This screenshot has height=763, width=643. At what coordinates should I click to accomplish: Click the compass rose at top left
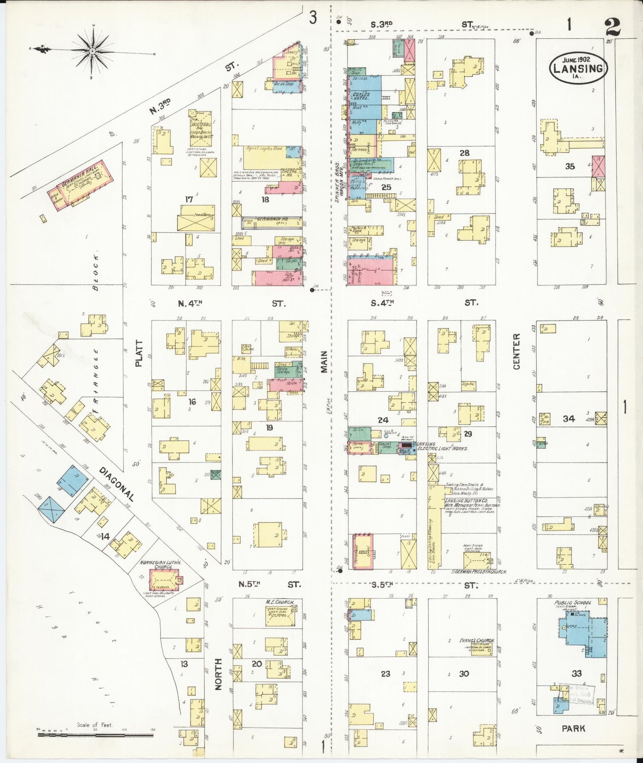pyautogui.click(x=92, y=51)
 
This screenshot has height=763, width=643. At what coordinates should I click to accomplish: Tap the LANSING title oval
pyautogui.click(x=578, y=68)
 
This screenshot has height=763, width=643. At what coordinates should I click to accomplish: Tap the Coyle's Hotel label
pyautogui.click(x=361, y=96)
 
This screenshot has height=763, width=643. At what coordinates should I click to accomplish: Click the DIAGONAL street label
pyautogui.click(x=116, y=483)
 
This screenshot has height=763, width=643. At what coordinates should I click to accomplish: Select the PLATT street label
pyautogui.click(x=139, y=353)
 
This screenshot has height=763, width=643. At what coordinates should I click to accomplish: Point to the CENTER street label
pyautogui.click(x=517, y=351)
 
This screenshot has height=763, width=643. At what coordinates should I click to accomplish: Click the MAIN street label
pyautogui.click(x=324, y=361)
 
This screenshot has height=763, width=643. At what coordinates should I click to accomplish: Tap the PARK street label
pyautogui.click(x=573, y=729)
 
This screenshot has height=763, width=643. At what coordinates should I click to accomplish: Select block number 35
pyautogui.click(x=570, y=166)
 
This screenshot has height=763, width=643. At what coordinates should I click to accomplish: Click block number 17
pyautogui.click(x=189, y=199)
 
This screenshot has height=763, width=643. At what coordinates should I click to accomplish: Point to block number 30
pyautogui.click(x=464, y=674)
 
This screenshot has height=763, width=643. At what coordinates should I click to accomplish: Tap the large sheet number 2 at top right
pyautogui.click(x=612, y=28)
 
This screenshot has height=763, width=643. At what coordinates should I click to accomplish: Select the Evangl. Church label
pyautogui.click(x=477, y=641)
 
